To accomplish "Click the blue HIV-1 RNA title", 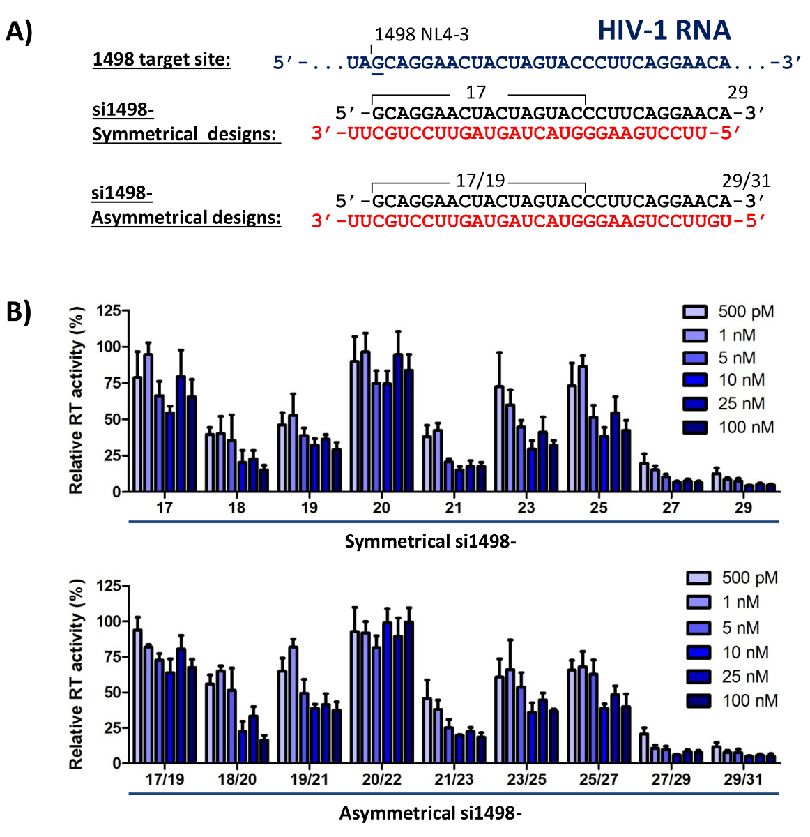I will pos(664,30).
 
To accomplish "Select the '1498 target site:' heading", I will pos(161,60).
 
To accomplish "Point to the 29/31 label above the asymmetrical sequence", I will pos(745,181).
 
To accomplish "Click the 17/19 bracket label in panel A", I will pos(480,181).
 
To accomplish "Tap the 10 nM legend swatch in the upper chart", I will pos(695,380).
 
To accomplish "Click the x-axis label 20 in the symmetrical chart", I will pos(381,508).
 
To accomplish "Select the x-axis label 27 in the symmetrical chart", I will pos(671,508).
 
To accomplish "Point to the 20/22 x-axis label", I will pos(381,779).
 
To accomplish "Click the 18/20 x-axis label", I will pos(237,779).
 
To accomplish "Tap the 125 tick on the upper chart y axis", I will pos(108,310).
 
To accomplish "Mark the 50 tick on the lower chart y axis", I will pos(112,693).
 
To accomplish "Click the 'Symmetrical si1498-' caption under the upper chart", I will pos(430,541).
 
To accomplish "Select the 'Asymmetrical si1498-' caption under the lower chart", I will pos(430,813).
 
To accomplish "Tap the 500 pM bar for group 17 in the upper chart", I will pos(137,434).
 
